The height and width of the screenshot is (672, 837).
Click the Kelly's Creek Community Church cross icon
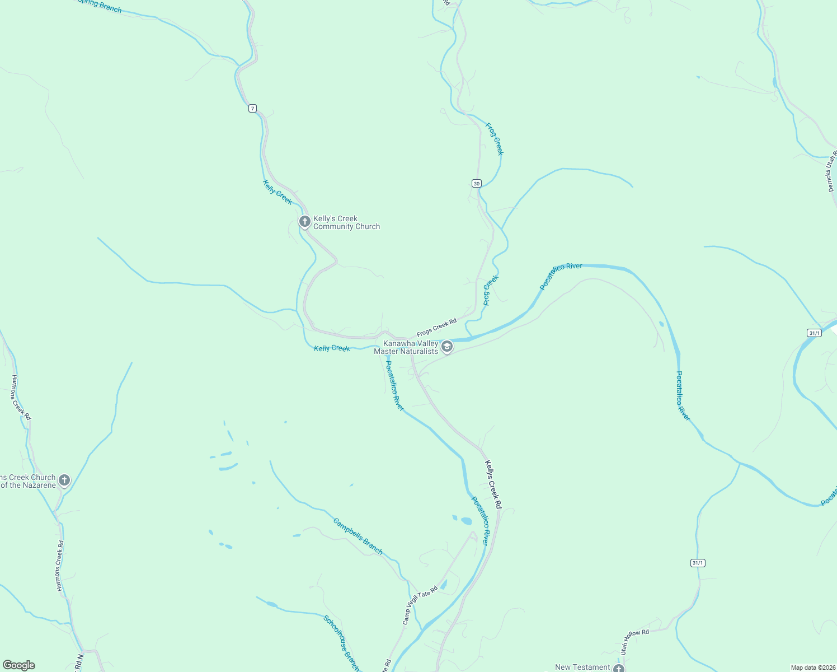(305, 222)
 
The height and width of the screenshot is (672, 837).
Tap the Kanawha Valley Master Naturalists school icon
(447, 347)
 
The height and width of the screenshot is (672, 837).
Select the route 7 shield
(253, 108)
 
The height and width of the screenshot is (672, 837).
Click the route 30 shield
(476, 183)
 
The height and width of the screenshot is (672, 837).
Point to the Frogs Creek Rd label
(436, 328)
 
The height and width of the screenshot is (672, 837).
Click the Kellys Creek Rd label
(493, 484)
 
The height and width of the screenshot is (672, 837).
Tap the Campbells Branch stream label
(358, 536)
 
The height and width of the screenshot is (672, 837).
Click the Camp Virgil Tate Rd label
(420, 605)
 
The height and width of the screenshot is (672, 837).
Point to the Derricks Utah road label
(833, 171)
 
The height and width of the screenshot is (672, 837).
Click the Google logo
(19, 665)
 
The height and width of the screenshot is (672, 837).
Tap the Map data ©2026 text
(812, 668)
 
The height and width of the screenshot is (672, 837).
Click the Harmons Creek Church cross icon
(64, 480)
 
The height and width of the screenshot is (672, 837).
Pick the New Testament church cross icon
(618, 668)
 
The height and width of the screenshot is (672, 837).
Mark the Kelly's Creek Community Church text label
(346, 223)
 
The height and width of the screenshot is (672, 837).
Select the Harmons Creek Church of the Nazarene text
(27, 482)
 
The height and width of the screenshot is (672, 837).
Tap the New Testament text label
(582, 668)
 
